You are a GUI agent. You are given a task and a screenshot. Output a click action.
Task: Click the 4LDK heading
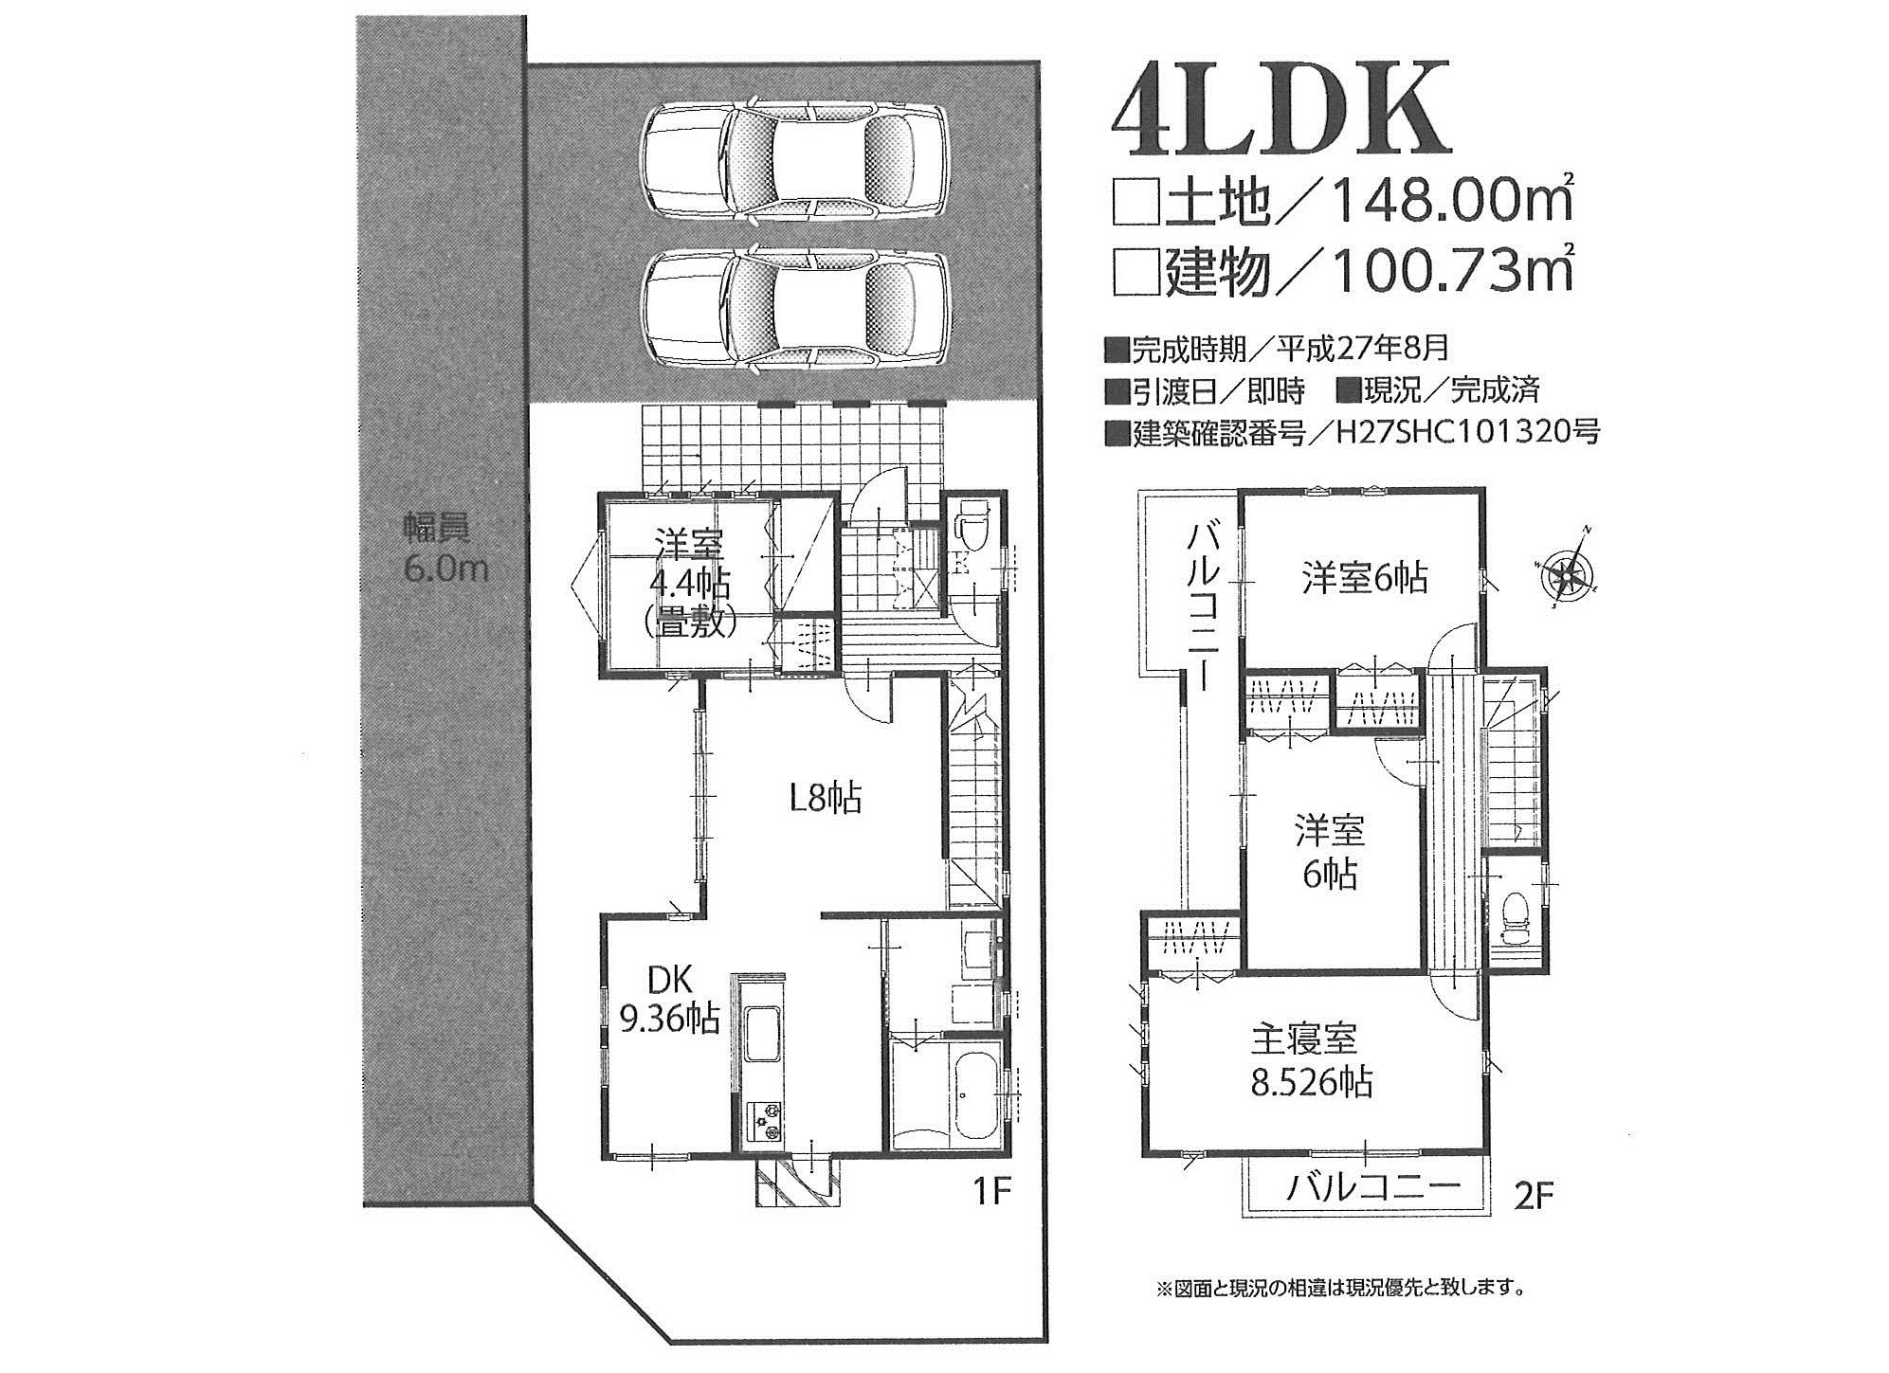point(1281,108)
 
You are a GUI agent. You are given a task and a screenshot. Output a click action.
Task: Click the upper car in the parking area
point(793,162)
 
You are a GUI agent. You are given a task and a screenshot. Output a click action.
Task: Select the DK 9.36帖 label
point(669,1001)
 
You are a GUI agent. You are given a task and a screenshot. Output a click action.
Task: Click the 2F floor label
point(1534,1196)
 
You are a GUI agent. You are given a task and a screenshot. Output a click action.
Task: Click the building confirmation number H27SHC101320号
point(1467,432)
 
